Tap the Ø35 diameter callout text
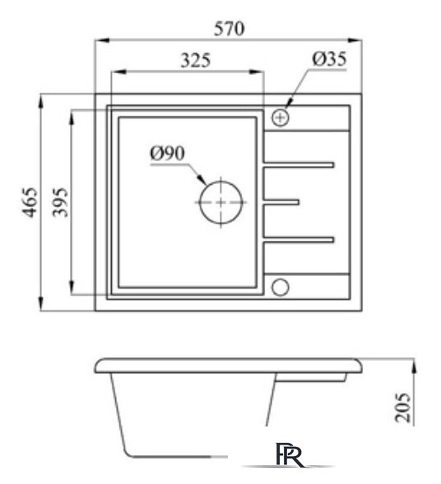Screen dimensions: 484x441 tap(329, 59)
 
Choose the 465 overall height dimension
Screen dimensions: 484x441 tap(30, 202)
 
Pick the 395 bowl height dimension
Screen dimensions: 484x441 tap(60, 202)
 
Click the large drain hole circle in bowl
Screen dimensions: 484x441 tap(221, 201)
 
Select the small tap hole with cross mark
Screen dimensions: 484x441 tap(281, 118)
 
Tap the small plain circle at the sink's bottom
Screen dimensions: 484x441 tap(280, 286)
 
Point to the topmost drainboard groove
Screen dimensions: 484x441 tap(298, 164)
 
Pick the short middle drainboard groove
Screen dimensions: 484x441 tap(281, 201)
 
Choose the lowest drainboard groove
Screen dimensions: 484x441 tap(298, 239)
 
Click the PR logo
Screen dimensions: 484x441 tap(291, 455)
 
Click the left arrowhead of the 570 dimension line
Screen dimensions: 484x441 tap(100, 39)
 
